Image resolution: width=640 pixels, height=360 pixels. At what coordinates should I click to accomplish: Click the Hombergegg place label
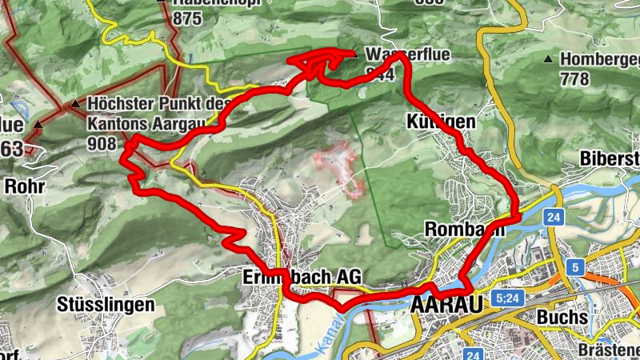click(600, 59)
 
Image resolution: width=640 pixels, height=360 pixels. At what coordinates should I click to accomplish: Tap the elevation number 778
click(574, 78)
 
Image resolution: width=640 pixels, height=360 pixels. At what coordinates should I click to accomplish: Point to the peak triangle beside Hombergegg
click(548, 59)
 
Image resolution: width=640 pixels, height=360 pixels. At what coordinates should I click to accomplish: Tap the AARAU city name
click(447, 306)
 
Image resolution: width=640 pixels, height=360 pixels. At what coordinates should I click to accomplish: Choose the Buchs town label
click(562, 317)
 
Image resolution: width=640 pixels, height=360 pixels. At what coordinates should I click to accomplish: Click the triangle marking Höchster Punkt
click(75, 104)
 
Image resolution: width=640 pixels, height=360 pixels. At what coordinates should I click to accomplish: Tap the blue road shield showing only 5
click(574, 266)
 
